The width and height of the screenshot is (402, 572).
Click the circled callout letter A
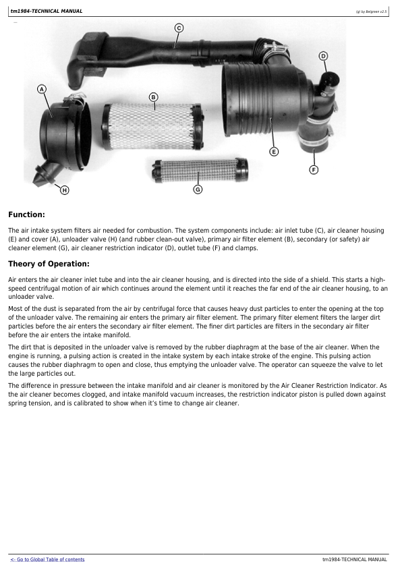pos(42,89)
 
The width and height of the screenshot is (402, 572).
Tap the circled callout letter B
pos(154,97)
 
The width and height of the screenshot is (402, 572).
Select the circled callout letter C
pos(179,28)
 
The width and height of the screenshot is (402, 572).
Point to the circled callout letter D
pos(323,56)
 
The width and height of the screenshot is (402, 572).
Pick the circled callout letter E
pos(274,151)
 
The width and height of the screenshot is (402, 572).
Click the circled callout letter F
pos(314,169)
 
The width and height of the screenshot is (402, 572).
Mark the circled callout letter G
pos(198,190)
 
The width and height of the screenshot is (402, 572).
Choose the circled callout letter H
pos(64,190)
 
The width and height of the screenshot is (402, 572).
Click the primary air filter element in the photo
pos(153,127)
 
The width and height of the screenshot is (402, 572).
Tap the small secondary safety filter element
pos(200,170)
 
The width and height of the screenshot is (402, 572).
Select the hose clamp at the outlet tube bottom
pos(314,139)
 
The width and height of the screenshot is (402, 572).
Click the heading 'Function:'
pos(26,214)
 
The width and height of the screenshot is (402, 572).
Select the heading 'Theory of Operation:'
pos(49,264)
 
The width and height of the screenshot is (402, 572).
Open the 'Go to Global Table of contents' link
pos(47,559)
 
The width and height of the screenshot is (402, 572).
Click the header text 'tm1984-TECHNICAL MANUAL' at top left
pos(47,11)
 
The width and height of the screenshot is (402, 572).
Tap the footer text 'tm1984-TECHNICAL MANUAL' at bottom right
pos(355,559)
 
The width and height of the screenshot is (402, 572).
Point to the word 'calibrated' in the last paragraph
pos(89,403)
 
